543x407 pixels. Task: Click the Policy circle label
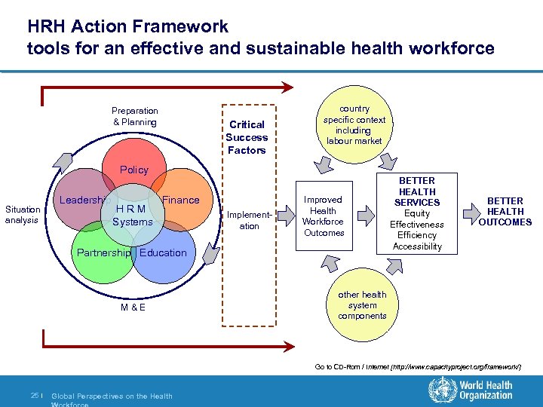click(x=133, y=170)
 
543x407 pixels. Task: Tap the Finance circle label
click(x=181, y=200)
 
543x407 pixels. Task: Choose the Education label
click(x=163, y=253)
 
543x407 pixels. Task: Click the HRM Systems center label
click(x=133, y=216)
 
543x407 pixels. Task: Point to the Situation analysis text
click(x=23, y=215)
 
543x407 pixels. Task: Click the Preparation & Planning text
click(x=135, y=116)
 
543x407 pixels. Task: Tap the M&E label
click(x=133, y=308)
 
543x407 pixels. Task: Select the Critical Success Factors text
click(x=247, y=137)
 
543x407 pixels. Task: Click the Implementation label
click(x=249, y=220)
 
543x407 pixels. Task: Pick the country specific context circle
click(x=354, y=125)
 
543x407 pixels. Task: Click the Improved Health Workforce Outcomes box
click(x=323, y=216)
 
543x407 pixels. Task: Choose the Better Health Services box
click(x=417, y=214)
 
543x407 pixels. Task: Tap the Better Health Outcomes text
click(x=505, y=212)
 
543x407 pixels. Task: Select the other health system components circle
click(x=362, y=305)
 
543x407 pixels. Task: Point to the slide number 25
click(x=35, y=396)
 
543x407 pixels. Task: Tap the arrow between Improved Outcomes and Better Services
click(x=366, y=216)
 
